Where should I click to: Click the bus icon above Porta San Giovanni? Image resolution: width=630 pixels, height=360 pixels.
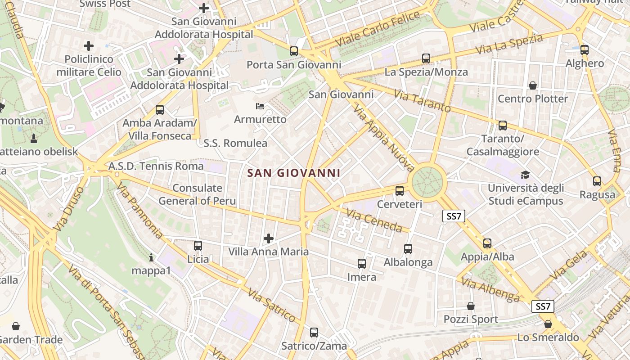point(294,51)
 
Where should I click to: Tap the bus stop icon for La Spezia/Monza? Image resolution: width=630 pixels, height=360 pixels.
point(426,58)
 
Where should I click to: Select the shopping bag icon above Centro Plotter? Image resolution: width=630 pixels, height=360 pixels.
point(533,85)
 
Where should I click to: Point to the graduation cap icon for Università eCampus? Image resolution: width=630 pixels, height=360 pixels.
point(525,175)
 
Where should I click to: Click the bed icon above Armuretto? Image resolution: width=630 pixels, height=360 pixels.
point(260,106)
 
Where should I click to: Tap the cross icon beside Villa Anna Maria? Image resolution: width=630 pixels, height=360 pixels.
point(269,238)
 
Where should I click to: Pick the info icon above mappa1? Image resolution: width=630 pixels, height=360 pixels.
point(151,258)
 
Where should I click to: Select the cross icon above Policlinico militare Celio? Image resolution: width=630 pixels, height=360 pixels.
point(89,45)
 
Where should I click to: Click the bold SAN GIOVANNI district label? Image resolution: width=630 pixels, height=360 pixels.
point(294,173)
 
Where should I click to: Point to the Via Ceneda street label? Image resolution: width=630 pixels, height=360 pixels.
point(374,220)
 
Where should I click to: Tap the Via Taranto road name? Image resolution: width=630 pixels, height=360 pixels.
point(422,101)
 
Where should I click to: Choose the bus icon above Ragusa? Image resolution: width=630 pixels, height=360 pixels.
point(597,181)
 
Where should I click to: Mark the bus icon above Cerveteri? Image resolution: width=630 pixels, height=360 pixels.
point(400,191)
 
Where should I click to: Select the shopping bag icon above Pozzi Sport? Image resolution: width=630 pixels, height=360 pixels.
point(471,306)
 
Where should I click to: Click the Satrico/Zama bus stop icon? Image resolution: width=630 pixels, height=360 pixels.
point(314,333)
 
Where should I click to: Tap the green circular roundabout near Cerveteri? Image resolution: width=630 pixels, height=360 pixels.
point(427,182)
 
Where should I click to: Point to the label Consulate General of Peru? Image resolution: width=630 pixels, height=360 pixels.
point(197,194)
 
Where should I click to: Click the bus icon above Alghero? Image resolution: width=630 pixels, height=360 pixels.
point(585,50)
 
